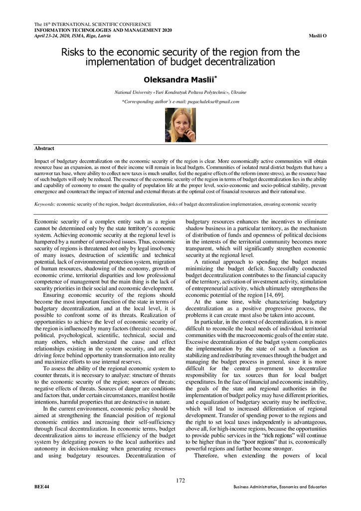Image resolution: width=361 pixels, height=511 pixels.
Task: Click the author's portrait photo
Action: pos(180,125)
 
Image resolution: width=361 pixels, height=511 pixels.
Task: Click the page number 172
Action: pos(180,481)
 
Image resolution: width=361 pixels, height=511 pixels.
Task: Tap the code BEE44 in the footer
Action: pos(41,487)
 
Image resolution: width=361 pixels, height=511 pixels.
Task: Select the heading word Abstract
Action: pos(44,148)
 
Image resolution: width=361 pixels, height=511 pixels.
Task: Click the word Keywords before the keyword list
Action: pos(44,204)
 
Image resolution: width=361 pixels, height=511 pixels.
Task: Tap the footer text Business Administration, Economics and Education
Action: pos(280,487)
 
